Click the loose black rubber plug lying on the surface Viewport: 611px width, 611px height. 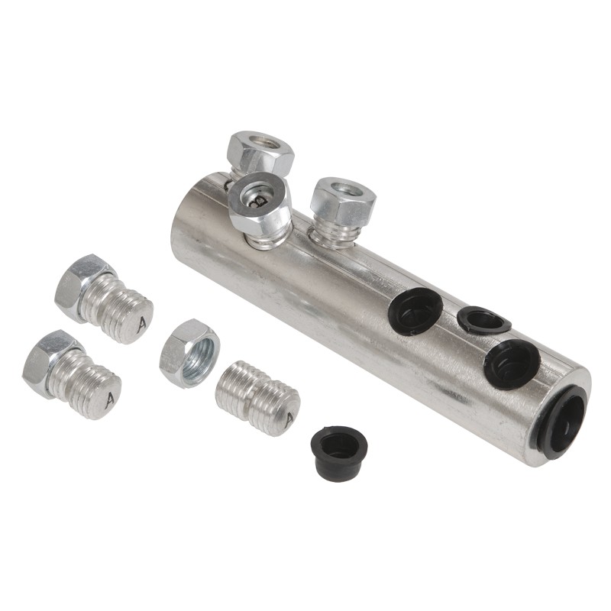[339, 453]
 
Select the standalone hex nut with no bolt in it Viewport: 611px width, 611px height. [189, 353]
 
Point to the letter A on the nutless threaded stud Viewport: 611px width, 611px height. [289, 420]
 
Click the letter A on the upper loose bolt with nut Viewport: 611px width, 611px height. [142, 322]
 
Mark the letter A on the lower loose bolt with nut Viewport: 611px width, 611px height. [110, 399]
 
